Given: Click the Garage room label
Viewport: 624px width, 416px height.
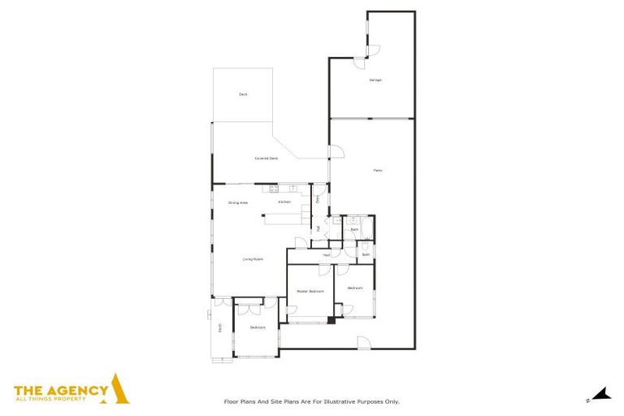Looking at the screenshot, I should point(375,80).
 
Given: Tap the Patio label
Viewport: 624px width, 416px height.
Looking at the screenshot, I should point(378,170).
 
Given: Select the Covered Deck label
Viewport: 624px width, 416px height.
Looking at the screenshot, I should point(266,158).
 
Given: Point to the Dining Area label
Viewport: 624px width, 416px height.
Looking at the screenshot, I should point(237,202).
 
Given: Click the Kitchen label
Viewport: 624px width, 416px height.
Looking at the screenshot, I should point(284,201).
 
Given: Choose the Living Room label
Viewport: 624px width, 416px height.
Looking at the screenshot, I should point(253,259).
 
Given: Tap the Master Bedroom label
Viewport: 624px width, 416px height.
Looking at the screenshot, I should point(310,291).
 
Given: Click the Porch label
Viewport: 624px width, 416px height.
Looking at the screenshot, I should point(219,328).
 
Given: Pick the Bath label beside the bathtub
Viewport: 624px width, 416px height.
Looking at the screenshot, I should point(354,230).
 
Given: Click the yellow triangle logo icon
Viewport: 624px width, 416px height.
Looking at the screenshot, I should point(120,388).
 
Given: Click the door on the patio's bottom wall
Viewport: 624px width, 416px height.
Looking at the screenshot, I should point(363,343).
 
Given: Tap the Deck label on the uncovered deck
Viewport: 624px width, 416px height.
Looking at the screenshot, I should point(243,94).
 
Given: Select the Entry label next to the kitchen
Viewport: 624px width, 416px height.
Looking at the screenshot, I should point(318,197).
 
